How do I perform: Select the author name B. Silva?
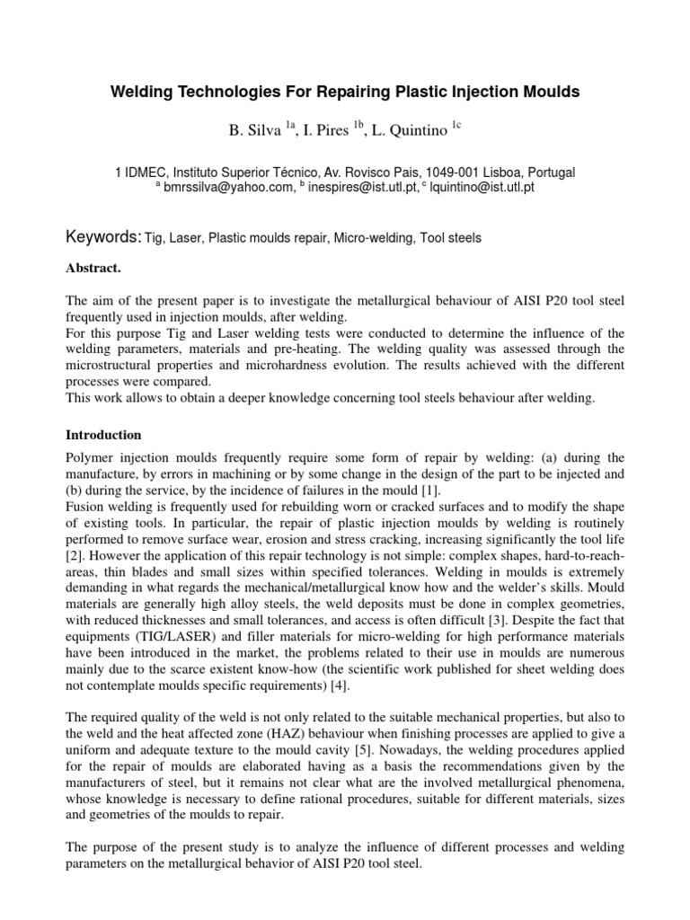point(256,131)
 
